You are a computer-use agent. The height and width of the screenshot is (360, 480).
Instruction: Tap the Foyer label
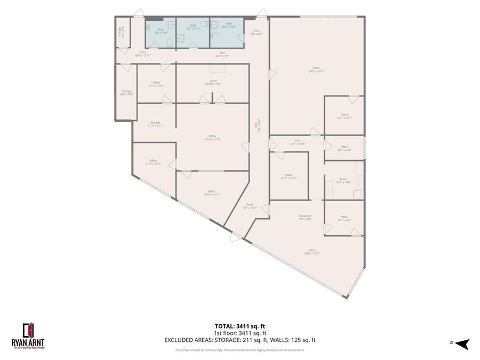tap(249, 206)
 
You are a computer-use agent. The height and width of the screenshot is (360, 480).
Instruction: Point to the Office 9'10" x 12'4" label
tap(289, 177)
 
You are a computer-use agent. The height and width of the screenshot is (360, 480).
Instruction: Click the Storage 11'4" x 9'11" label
tap(155, 124)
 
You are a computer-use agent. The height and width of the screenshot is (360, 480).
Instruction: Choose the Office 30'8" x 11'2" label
tap(311, 251)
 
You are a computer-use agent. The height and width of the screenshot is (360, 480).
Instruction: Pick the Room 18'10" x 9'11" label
tap(212, 83)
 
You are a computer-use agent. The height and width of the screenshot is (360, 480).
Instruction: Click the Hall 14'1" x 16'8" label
tap(297, 142)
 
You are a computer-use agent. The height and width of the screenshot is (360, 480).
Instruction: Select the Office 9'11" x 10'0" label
tap(156, 84)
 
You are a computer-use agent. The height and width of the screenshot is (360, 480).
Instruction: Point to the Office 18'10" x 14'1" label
tap(211, 193)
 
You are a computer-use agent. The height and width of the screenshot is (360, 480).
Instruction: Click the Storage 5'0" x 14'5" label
tap(126, 92)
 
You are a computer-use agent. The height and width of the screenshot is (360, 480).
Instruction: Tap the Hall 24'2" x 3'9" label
tap(225, 54)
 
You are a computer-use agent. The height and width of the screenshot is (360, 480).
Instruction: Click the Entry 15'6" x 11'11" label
tap(142, 53)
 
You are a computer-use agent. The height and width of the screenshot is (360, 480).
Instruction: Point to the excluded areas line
tap(240, 340)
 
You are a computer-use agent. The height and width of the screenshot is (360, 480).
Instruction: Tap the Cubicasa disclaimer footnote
tap(240, 350)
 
